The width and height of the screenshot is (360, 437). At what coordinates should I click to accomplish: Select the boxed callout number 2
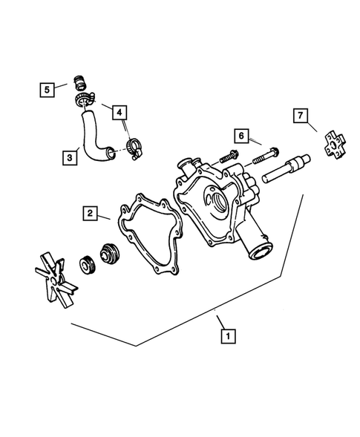[88, 214]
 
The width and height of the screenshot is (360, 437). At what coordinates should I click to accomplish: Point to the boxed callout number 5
[47, 90]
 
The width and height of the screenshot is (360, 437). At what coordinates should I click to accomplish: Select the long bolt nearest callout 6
[266, 157]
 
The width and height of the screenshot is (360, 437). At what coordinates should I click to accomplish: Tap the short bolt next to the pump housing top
[228, 157]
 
